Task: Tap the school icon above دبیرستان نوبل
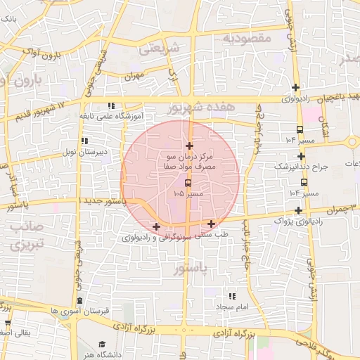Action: tap(84, 141)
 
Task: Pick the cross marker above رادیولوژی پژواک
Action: tap(299, 210)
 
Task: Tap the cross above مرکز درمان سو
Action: tap(189, 146)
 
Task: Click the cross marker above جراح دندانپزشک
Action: tap(301, 156)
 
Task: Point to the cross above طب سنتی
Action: tap(211, 224)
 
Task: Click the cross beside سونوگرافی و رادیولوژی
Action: tap(156, 226)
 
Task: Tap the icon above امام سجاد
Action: tap(232, 297)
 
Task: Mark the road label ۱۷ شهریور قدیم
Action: tap(39, 110)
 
